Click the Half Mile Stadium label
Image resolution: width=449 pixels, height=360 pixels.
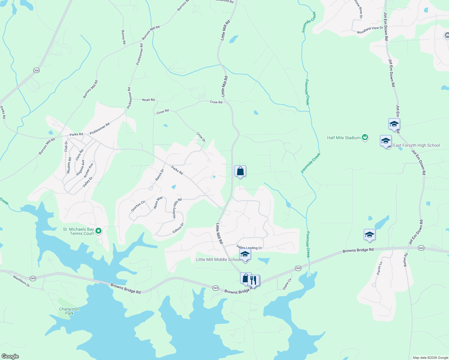point(344,138)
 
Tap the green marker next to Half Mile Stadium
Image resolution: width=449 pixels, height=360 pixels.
point(365,137)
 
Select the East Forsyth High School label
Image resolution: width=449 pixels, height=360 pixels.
point(416,145)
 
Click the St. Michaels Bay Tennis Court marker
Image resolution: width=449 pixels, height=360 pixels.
point(98,231)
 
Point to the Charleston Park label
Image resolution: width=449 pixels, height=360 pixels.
point(69,311)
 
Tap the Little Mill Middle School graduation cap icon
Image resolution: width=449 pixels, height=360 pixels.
point(245,254)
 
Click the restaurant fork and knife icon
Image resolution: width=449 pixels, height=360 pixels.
point(254,280)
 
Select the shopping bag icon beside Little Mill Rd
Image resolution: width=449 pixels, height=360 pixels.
point(240,171)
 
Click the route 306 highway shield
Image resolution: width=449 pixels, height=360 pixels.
point(36,70)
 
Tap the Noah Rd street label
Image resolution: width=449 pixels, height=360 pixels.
point(148,100)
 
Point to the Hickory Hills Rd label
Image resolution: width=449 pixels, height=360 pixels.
point(177,208)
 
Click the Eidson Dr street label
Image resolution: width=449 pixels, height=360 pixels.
point(178,228)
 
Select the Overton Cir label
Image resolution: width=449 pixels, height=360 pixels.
point(138,206)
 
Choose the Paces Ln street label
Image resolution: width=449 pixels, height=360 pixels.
point(380,268)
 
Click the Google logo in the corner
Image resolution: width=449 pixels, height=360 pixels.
point(10,356)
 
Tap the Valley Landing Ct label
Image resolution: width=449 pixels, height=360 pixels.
point(249,247)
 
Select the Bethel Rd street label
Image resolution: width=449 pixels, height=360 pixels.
point(406,260)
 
